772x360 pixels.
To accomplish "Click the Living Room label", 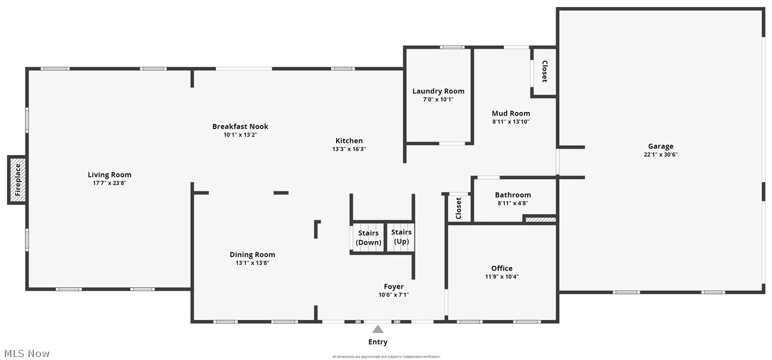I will pos(109,174).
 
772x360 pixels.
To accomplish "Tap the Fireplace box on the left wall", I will pos(17,180).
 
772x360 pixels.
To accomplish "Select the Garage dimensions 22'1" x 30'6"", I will pos(661,155).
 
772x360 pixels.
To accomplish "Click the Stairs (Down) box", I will pos(368,237).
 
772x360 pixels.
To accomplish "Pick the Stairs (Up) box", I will pos(401,237).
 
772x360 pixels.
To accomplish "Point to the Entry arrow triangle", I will pos(378,329).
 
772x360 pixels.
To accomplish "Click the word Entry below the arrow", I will pos(378,342).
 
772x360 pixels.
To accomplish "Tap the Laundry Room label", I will pos(438,91).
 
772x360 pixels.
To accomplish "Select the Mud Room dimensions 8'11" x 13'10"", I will pos(510,121).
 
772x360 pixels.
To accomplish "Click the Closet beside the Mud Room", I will pos(544,71).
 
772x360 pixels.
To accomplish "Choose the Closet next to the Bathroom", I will pos(459,208).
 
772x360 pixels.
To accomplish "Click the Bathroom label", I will pos(513,195).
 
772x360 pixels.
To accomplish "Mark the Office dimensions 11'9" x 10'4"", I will pos(501,277).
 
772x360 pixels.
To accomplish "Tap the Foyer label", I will pos(394,287).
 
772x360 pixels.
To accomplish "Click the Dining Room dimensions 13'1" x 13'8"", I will pos(252,263).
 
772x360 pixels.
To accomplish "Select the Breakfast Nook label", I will pos(240,126).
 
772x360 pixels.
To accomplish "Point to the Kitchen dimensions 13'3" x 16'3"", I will pos(349,149).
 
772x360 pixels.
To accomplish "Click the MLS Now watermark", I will pos(26,353).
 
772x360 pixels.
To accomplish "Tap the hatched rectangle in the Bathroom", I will pos(540,220).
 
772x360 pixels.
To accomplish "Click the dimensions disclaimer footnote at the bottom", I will pos(386,356).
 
